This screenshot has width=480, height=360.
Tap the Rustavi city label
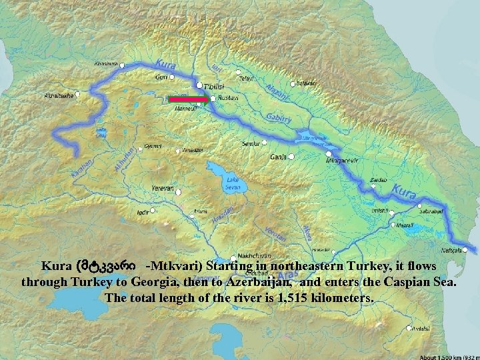pos(226,99)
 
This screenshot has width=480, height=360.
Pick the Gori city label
pos(161,77)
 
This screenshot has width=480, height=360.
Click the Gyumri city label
pos(153,146)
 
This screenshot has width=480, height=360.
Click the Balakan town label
pos(307,83)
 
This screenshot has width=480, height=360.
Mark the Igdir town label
pos(141,211)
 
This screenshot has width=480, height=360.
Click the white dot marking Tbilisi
pos(199,85)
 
